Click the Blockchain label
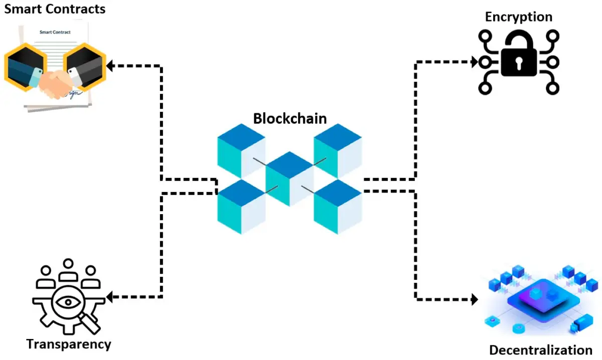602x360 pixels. pos(289,118)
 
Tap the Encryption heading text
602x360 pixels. pos(518,17)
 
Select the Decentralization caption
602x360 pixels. pos(540,349)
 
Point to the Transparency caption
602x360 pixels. pos(68,344)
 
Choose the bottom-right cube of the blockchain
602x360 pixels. pos(338,207)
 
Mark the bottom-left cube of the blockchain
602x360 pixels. pos(241,207)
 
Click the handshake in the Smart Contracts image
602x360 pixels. pos(55,83)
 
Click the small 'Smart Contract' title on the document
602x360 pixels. pos(55,32)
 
